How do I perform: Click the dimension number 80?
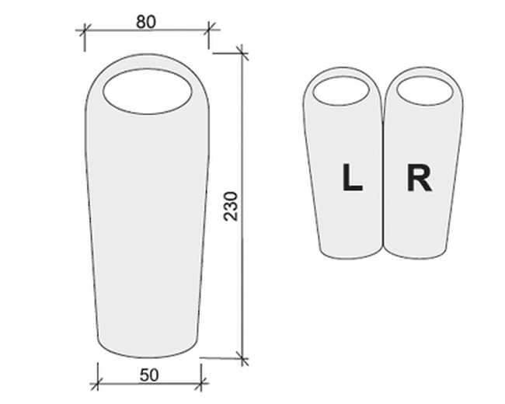[x=146, y=22]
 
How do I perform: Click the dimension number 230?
[x=231, y=206]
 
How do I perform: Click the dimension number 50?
[x=149, y=375]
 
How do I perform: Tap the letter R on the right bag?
[x=420, y=177]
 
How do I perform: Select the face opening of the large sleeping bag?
[x=148, y=92]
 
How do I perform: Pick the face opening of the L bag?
[x=341, y=91]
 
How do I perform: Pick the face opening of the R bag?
[x=424, y=91]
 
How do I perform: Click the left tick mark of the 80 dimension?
[x=85, y=30]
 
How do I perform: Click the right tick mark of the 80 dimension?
[x=209, y=30]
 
